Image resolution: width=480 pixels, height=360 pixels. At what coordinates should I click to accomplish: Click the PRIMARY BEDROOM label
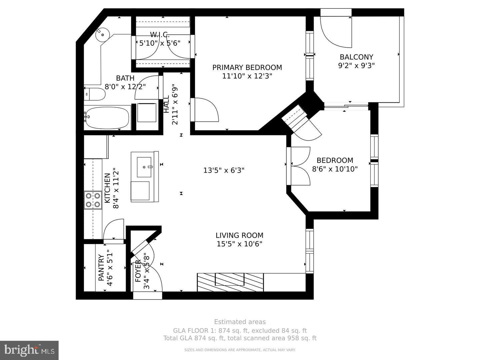click(247, 68)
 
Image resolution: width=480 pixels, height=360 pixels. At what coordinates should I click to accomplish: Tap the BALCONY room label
click(356, 57)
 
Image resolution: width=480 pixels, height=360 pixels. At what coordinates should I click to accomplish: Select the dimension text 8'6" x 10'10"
click(335, 169)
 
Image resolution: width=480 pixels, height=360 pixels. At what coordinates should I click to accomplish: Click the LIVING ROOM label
click(239, 235)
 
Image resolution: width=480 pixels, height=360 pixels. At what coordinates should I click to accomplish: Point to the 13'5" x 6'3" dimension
click(224, 170)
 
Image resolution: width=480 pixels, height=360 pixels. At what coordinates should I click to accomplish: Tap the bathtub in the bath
click(106, 118)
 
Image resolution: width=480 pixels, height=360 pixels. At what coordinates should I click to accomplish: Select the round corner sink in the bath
click(102, 34)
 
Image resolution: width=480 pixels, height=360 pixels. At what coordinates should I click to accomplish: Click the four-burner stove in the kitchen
click(93, 200)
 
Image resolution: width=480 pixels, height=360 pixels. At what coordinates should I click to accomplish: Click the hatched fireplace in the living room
click(230, 282)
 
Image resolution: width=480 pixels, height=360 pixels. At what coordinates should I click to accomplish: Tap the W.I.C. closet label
click(160, 34)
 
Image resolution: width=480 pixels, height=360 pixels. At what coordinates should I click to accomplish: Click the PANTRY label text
click(101, 268)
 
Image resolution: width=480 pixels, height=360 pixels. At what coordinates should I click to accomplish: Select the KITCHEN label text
click(107, 188)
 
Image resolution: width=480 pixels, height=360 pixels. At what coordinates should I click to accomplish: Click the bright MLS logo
click(29, 350)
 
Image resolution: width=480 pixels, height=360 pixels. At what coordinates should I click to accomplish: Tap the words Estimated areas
click(240, 322)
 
